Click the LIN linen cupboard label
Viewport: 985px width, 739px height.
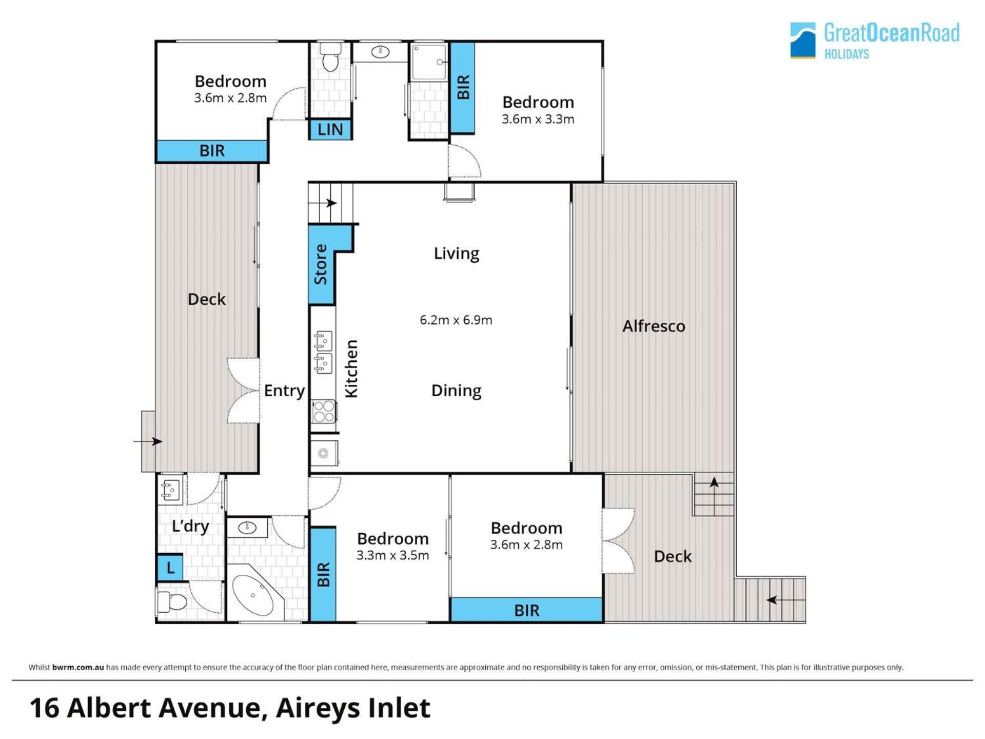330,129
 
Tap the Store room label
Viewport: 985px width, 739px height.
321,264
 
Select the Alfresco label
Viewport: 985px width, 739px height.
654,326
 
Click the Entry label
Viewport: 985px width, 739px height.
284,391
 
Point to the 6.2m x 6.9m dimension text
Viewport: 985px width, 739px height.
456,320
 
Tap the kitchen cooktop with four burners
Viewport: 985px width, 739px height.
324,412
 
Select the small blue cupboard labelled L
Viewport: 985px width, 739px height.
170,568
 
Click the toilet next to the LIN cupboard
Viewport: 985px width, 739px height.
330,56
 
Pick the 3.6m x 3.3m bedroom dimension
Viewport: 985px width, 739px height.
538,119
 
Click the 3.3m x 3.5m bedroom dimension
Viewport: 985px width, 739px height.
392,555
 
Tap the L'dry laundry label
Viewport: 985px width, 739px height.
190,526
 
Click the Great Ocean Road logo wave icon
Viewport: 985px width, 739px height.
802,40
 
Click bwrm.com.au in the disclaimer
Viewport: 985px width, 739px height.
78,667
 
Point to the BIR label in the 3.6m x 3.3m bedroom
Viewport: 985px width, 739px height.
463,87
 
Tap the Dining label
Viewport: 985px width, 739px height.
456,391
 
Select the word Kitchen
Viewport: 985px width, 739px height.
351,368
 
